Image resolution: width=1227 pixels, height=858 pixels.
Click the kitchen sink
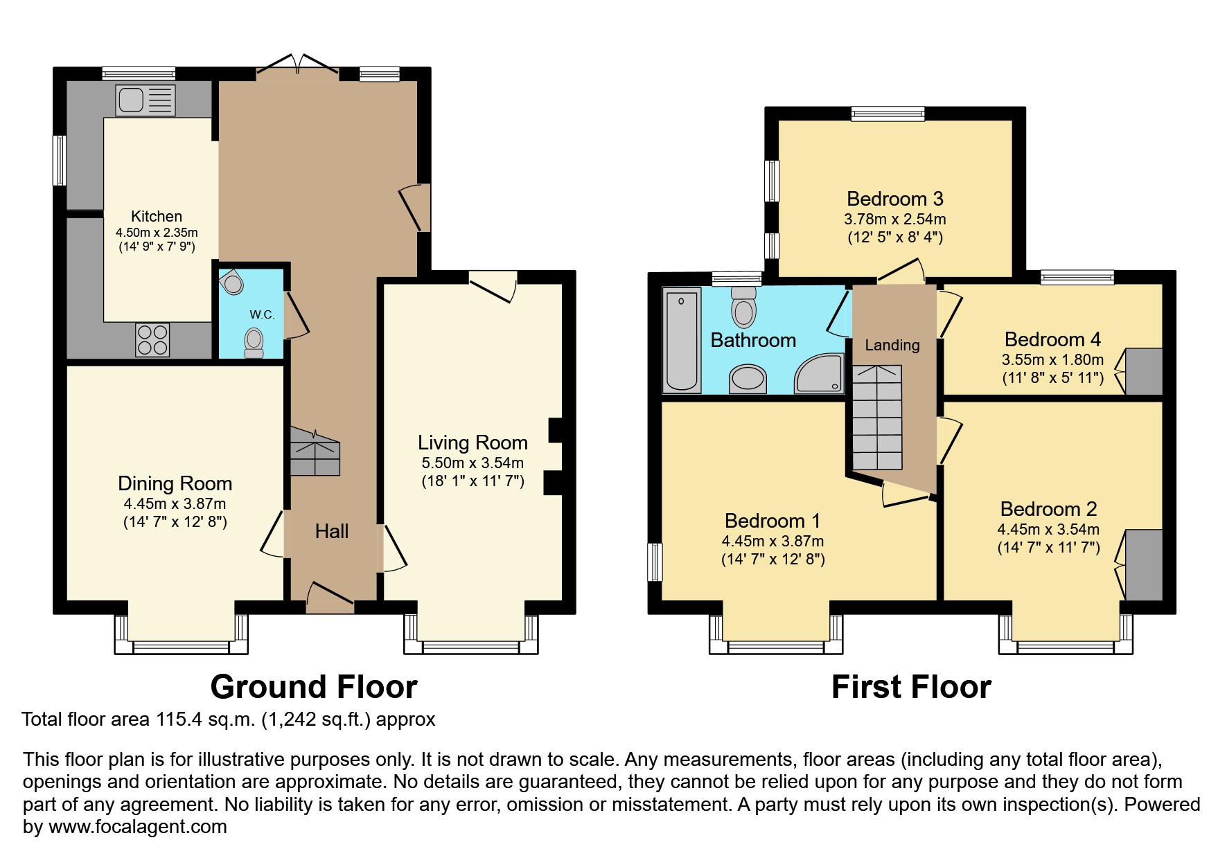pyautogui.click(x=145, y=100)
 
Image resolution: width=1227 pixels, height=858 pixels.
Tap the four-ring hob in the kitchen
pyautogui.click(x=153, y=339)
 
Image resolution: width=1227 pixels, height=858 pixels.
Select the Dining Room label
pyautogui.click(x=175, y=483)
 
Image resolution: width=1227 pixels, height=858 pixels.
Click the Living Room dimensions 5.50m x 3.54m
pyautogui.click(x=473, y=463)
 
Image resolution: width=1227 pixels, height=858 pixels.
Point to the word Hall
pyautogui.click(x=332, y=531)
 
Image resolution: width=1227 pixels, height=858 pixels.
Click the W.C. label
pyautogui.click(x=262, y=314)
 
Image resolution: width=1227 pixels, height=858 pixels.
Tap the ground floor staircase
pyautogui.click(x=315, y=451)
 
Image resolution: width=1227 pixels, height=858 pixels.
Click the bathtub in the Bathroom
pyautogui.click(x=682, y=340)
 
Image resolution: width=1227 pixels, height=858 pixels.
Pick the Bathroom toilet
pyautogui.click(x=744, y=305)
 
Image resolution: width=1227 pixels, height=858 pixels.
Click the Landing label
pyautogui.click(x=892, y=345)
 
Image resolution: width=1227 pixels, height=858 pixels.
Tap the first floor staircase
pyautogui.click(x=877, y=418)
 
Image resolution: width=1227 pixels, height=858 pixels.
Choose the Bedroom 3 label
pyautogui.click(x=895, y=199)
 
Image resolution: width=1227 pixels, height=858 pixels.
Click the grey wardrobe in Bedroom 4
pyautogui.click(x=1144, y=371)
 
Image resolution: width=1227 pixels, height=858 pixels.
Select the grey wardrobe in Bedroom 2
pyautogui.click(x=1144, y=565)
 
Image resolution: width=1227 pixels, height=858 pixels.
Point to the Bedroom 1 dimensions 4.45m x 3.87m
pyautogui.click(x=773, y=541)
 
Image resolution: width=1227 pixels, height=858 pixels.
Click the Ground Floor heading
pyautogui.click(x=314, y=687)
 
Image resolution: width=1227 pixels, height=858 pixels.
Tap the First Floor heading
pyautogui.click(x=911, y=687)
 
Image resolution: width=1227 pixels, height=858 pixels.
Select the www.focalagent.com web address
pyautogui.click(x=138, y=827)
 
